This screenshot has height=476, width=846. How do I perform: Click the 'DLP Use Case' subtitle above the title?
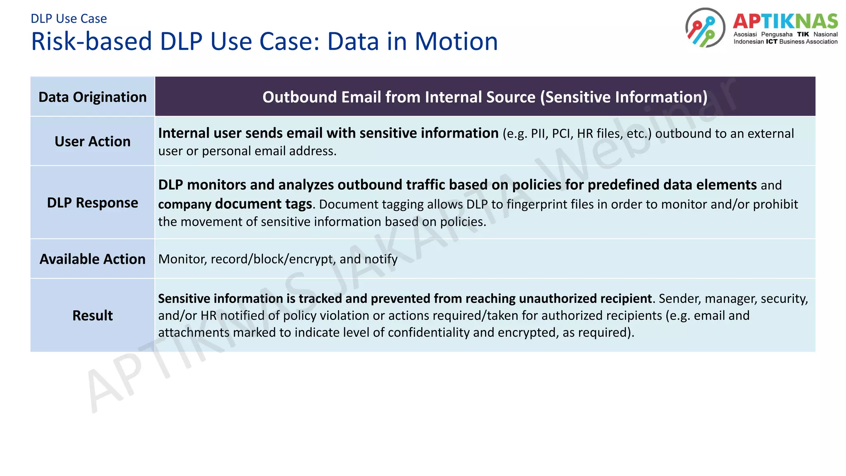coord(69,19)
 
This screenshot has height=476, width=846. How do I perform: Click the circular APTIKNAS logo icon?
coord(705,28)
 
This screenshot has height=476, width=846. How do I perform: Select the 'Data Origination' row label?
coord(93,97)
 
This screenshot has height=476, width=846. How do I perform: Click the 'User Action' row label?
coord(93,141)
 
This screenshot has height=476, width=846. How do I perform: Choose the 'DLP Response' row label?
coord(93,203)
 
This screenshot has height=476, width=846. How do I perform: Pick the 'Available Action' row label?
coord(93,259)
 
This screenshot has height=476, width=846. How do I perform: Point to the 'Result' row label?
coord(93,316)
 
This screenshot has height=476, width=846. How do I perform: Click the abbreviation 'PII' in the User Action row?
coord(539,134)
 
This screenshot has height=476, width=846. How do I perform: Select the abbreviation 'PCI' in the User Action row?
coord(562,134)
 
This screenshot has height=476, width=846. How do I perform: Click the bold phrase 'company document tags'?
coord(235,205)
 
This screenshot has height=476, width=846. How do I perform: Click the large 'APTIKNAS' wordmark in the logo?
coord(785,21)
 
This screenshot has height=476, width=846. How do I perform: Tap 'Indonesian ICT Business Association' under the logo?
coord(785,42)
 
